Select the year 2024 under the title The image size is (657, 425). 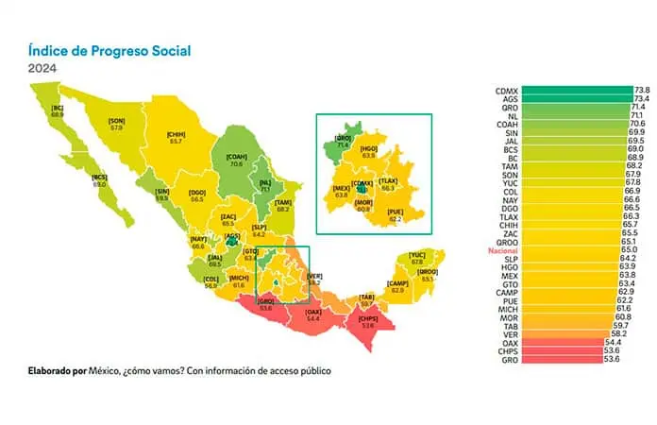click(42, 69)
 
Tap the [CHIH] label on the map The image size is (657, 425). click(175, 135)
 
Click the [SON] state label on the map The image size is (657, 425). click(117, 121)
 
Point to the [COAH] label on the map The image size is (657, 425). click(235, 158)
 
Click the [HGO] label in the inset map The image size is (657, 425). click(370, 148)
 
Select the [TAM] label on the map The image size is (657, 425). click(282, 201)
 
